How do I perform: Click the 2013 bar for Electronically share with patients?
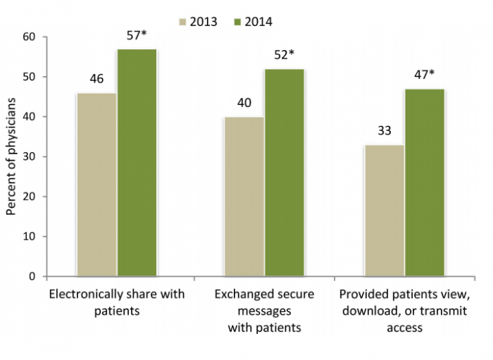click(x=96, y=185)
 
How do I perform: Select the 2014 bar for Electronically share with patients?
click(x=137, y=163)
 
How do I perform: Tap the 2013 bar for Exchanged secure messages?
click(x=244, y=197)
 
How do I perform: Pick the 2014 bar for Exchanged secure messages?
click(x=285, y=173)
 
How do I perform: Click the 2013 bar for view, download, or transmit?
click(x=385, y=211)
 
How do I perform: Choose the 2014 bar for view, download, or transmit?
click(x=425, y=182)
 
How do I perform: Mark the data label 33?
click(x=385, y=131)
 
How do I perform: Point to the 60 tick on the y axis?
click(x=32, y=37)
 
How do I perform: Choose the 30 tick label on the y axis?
click(x=32, y=156)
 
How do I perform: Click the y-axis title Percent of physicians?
click(x=11, y=156)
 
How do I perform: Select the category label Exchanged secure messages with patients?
click(x=264, y=311)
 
